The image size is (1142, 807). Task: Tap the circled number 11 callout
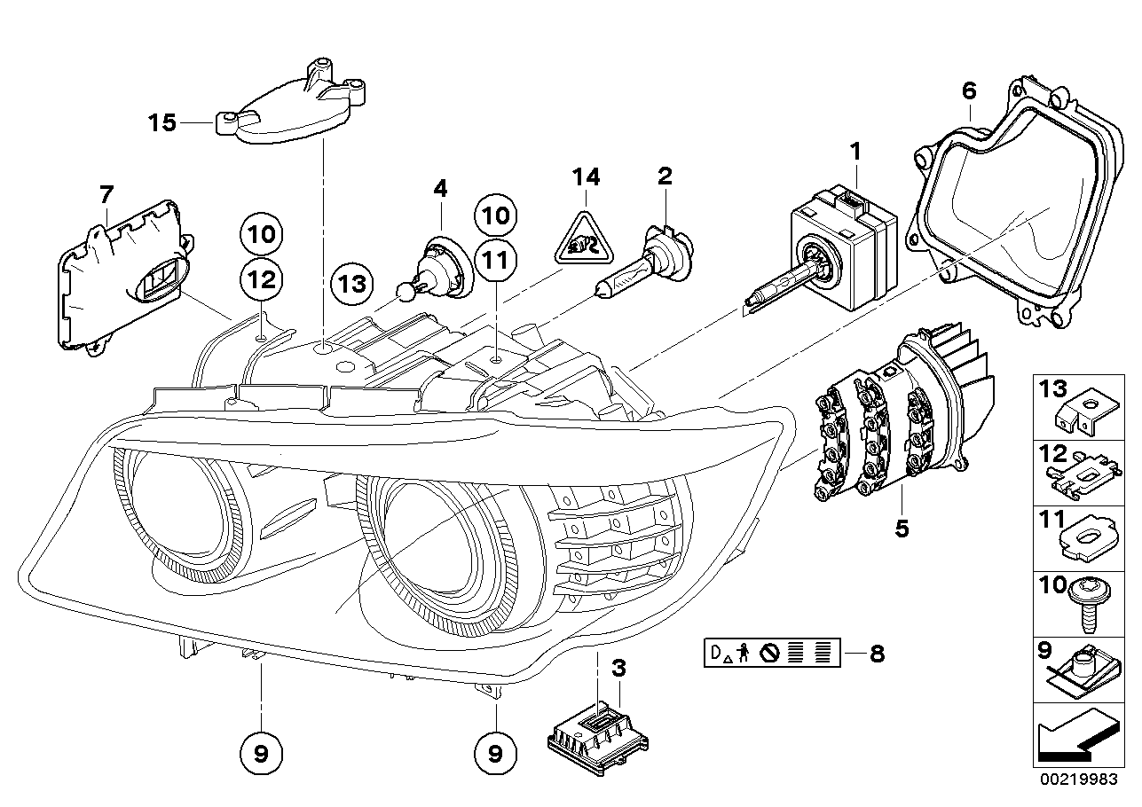493,259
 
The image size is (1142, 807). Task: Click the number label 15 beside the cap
162,122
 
